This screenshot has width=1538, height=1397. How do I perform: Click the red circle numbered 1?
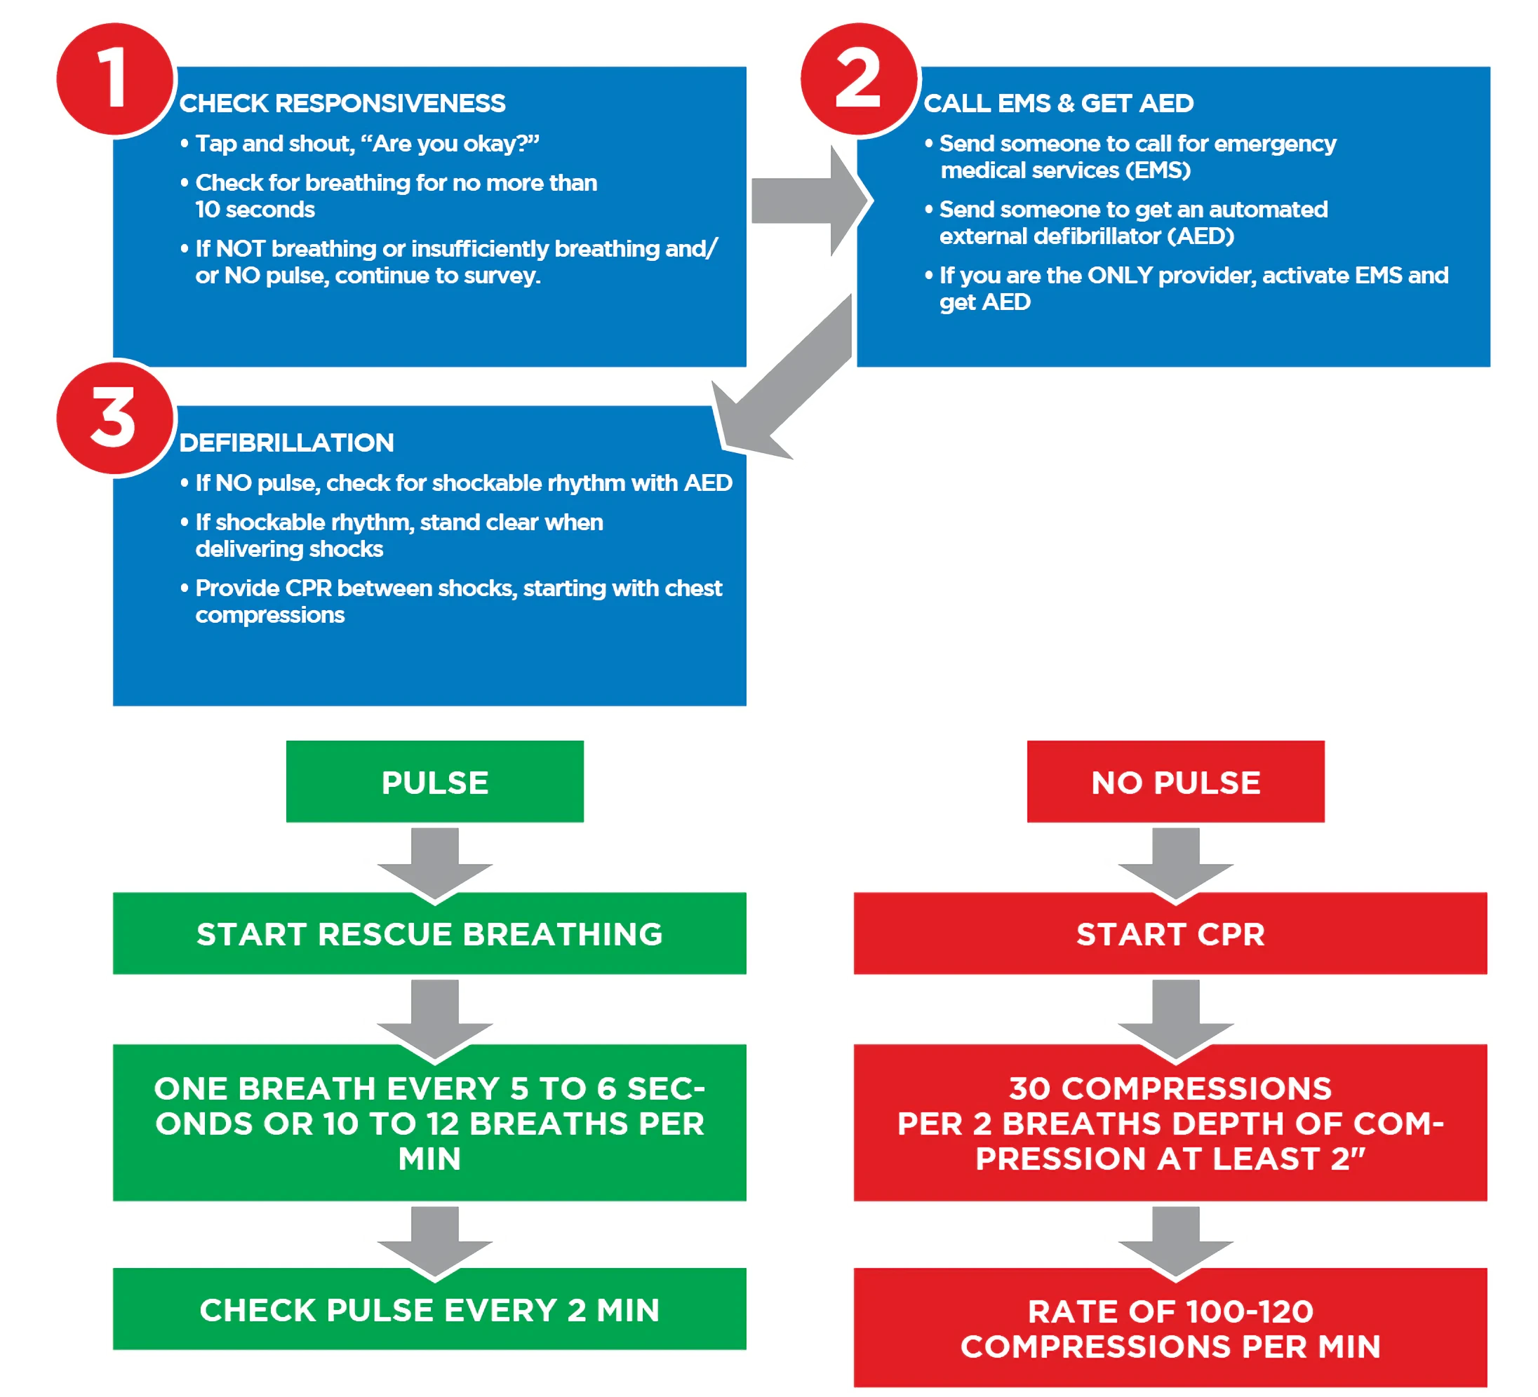[115, 79]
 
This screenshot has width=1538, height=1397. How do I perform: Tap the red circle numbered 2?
[859, 79]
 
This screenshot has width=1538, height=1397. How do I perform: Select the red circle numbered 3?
[115, 419]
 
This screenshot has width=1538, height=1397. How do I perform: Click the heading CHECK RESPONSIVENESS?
[342, 103]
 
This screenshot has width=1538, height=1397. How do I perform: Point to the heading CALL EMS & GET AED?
[1058, 103]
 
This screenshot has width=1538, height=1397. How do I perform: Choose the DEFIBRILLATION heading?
[287, 443]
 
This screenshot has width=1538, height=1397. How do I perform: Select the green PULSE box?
[435, 782]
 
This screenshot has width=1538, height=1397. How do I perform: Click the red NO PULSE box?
[1176, 782]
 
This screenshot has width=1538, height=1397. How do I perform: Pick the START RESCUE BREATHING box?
[429, 933]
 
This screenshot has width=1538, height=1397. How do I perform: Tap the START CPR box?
[1170, 933]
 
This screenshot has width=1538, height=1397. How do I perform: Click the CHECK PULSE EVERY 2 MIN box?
[429, 1309]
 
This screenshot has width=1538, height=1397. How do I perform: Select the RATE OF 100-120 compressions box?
[1170, 1328]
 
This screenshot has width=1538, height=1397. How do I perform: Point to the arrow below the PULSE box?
[435, 865]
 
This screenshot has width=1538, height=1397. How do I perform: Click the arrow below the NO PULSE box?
[1176, 865]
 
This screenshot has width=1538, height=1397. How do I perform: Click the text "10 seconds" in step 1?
[255, 209]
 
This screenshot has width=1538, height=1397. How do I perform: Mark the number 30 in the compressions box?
[1030, 1088]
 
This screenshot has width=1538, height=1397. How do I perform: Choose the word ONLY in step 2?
[1119, 276]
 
